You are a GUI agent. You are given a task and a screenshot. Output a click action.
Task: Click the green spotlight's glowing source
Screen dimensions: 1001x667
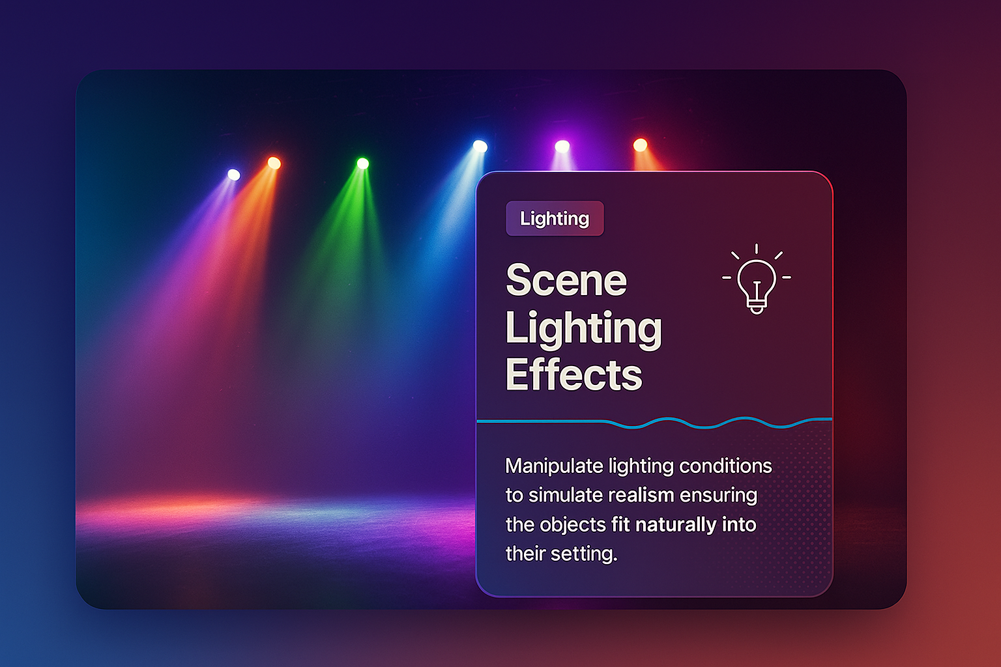[x=363, y=163]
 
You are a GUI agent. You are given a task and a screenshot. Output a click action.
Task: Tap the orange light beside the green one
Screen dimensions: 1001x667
[x=274, y=163]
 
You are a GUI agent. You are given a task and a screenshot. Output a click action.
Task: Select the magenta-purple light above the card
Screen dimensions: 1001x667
[x=562, y=146]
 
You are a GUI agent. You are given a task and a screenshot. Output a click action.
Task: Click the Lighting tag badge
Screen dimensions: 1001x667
[x=555, y=218]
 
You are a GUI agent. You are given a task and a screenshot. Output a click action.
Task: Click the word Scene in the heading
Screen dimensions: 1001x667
[x=566, y=279]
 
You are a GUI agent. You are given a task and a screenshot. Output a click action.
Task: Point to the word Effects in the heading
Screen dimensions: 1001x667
[x=573, y=375]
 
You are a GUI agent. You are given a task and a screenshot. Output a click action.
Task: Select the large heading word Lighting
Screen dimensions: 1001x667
[x=584, y=330]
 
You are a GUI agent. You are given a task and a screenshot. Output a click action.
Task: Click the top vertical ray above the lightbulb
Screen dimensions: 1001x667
[x=756, y=249]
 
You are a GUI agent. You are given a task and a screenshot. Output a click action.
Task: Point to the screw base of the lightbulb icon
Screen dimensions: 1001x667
[x=757, y=308]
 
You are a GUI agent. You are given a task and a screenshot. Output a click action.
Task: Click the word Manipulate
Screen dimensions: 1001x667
[x=554, y=466]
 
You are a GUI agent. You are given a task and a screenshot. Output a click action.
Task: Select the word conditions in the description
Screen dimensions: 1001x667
[x=725, y=466]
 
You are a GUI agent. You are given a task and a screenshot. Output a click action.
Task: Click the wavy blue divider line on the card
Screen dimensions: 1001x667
[x=654, y=421]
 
